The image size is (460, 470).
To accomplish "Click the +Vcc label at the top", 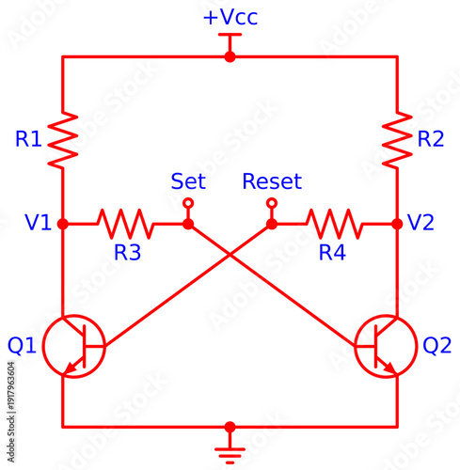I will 230,18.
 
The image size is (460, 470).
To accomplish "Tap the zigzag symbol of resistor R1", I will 62,138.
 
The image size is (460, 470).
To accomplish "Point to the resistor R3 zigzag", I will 125,224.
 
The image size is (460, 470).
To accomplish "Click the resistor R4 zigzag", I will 334,224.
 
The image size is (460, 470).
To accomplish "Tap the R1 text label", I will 28,139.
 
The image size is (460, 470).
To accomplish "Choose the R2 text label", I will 430,139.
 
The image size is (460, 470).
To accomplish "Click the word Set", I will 188,180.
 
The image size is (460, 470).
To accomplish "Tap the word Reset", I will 272,180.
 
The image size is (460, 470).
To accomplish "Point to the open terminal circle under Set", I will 188,203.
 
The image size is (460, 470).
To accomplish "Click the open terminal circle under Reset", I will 272,203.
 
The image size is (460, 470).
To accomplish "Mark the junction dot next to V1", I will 62,224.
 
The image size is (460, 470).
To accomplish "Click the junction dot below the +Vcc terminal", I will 230,56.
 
